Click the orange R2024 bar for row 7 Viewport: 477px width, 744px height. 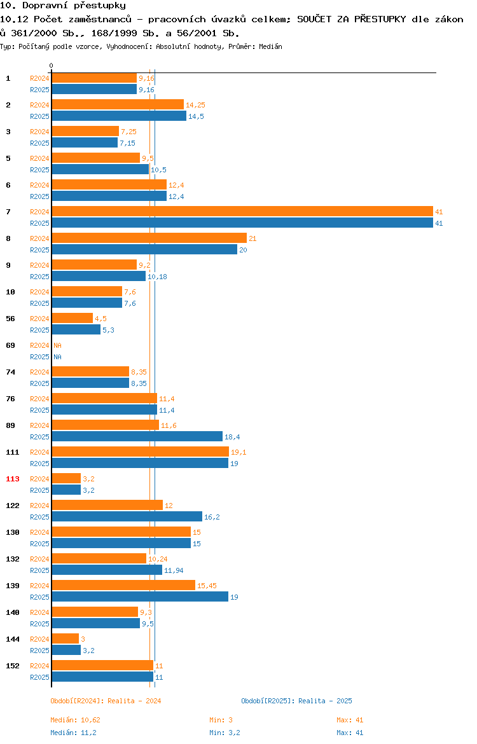pyautogui.click(x=242, y=212)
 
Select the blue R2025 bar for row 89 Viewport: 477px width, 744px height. pyautogui.click(x=137, y=436)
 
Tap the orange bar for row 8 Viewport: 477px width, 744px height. pyautogui.click(x=149, y=238)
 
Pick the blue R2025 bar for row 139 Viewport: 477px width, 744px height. pyautogui.click(x=140, y=597)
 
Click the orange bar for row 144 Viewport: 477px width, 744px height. pyautogui.click(x=66, y=638)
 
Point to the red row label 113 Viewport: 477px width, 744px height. pyautogui.click(x=12, y=479)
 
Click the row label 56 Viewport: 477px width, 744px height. pyautogui.click(x=10, y=319)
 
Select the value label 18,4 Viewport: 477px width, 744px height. pyautogui.click(x=232, y=437)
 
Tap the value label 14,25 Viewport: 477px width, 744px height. pyautogui.click(x=195, y=105)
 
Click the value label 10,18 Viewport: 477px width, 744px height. pyautogui.click(x=157, y=277)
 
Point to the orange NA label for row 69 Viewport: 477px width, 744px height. pyautogui.click(x=57, y=345)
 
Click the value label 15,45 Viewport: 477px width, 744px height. pyautogui.click(x=207, y=586)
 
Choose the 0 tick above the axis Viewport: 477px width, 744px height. pyautogui.click(x=52, y=66)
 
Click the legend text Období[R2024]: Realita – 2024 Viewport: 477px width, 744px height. pyautogui.click(x=106, y=701)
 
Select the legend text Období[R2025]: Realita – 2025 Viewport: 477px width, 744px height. pyautogui.click(x=296, y=701)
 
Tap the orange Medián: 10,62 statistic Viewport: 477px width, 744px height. pyautogui.click(x=76, y=720)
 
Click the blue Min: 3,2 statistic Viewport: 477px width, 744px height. pyautogui.click(x=225, y=733)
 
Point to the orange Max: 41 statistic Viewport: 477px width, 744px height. pyautogui.click(x=350, y=720)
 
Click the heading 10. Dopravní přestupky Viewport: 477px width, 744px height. pyautogui.click(x=63, y=6)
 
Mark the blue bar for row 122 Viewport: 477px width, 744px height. pyautogui.click(x=127, y=517)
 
